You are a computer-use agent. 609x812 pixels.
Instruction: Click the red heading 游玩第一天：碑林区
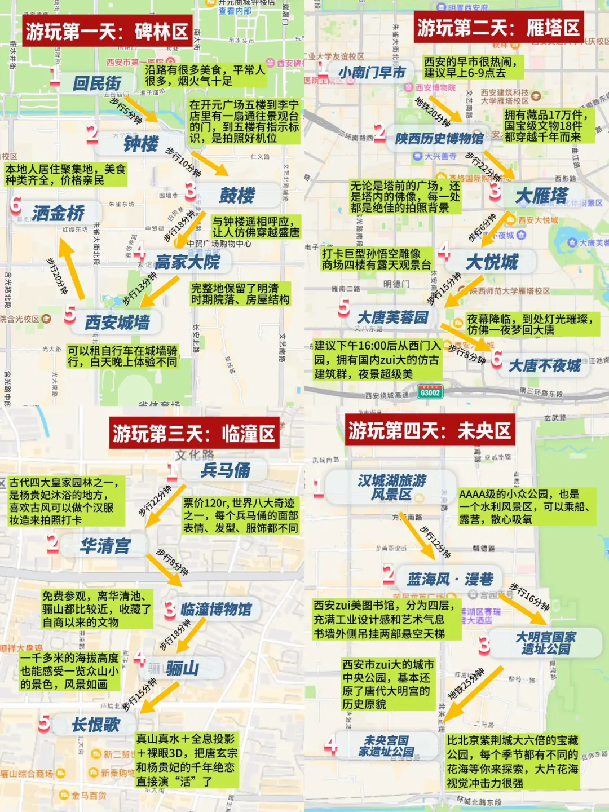tap(107, 31)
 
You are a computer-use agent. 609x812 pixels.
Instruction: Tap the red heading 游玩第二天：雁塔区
tap(498, 27)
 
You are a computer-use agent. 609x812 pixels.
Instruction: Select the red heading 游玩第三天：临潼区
tap(194, 434)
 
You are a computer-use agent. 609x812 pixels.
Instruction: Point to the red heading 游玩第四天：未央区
tap(430, 431)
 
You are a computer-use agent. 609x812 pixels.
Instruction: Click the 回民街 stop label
tap(97, 83)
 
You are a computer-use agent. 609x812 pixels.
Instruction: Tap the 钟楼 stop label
tap(141, 144)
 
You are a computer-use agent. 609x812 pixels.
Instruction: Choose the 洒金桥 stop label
tap(58, 213)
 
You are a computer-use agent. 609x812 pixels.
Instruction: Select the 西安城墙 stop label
tap(117, 322)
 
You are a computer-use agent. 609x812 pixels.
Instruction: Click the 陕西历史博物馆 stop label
tap(439, 138)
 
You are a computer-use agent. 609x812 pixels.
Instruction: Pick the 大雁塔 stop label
tap(541, 196)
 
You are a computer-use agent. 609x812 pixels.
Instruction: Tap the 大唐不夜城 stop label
tap(545, 365)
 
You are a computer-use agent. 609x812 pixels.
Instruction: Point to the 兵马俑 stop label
tap(226, 470)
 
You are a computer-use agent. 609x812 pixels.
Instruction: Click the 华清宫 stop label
tap(105, 545)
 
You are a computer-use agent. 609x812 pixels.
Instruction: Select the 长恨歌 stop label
tap(96, 725)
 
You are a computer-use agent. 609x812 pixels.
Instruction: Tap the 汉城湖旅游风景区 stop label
tap(391, 487)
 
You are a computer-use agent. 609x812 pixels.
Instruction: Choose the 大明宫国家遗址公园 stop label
tap(545, 643)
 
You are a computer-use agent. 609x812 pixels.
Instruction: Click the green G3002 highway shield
tap(430, 392)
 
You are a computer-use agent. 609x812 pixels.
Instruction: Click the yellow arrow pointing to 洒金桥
tap(72, 268)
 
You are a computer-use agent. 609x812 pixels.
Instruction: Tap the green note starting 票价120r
tap(240, 515)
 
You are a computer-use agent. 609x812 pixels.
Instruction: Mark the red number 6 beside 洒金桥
tap(16, 205)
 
